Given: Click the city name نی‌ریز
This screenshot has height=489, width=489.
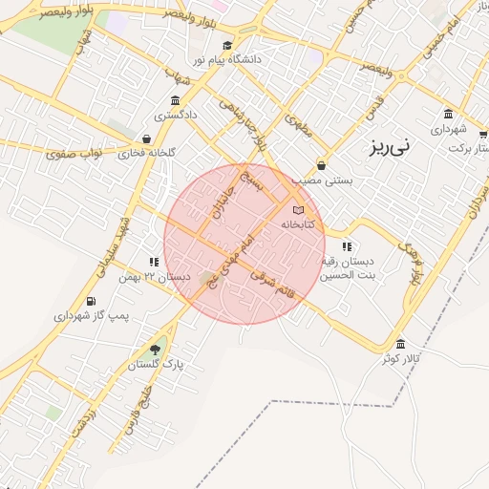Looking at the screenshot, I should pyautogui.click(x=392, y=148).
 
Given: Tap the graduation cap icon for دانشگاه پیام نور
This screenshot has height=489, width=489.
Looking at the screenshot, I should pyautogui.click(x=227, y=45).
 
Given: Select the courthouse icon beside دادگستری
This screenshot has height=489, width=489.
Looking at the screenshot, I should pyautogui.click(x=175, y=101).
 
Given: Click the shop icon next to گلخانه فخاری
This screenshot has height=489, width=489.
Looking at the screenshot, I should pyautogui.click(x=146, y=139).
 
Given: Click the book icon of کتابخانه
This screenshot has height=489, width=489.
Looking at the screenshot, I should pyautogui.click(x=298, y=209).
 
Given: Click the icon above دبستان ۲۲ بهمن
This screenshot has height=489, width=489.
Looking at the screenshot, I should pyautogui.click(x=153, y=262).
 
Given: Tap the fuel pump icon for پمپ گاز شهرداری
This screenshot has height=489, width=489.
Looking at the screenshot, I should pyautogui.click(x=92, y=301).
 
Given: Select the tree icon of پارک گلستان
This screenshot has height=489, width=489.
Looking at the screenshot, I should pyautogui.click(x=155, y=349).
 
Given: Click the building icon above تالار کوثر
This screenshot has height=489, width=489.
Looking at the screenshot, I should pyautogui.click(x=399, y=344).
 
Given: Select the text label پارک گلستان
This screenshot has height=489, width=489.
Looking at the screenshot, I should pyautogui.click(x=155, y=365).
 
